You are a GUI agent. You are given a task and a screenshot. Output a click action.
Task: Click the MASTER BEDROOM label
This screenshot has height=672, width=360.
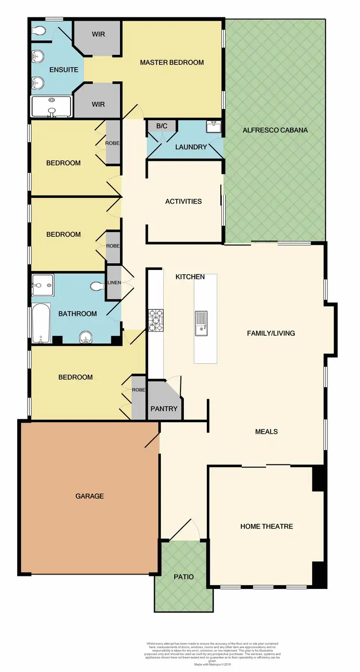point(172,62)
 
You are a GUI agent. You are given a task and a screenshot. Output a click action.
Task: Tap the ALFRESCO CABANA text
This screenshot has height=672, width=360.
point(275,130)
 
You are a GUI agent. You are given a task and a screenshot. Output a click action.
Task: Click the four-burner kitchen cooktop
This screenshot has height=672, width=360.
point(156,320)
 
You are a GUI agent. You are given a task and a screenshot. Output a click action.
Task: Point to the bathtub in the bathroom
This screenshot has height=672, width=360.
point(41,323)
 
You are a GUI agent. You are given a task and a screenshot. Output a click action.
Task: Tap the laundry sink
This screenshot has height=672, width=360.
point(214,127)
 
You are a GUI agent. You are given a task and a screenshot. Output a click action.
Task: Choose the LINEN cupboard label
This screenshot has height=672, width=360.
point(114,282)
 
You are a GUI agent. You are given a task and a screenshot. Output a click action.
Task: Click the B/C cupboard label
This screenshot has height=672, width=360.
point(162,126)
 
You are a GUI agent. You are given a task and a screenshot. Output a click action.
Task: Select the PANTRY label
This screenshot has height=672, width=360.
point(164,409)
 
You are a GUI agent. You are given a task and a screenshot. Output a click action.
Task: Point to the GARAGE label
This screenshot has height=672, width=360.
point(90,496)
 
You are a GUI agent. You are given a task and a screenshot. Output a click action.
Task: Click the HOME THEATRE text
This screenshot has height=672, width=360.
point(266,526)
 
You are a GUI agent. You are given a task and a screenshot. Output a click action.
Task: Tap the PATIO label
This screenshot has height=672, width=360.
point(184,576)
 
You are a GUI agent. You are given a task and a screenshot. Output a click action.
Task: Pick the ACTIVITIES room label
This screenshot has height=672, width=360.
point(183,201)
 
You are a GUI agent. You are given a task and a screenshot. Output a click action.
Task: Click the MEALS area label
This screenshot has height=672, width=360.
point(266,431)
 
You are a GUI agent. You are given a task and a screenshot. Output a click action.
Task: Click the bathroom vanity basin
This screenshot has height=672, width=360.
point(86,336)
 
